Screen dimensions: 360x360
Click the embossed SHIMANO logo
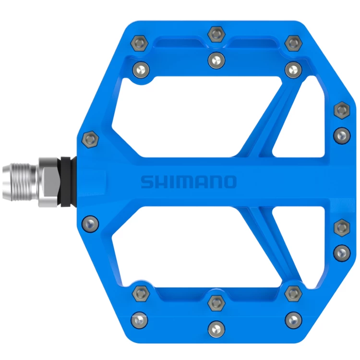[188, 182]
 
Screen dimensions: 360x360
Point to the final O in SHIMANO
[230, 182]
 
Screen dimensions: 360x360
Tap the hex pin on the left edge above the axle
[90, 139]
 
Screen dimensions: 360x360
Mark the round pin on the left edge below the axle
[90, 222]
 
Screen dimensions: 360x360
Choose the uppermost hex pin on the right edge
[341, 110]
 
